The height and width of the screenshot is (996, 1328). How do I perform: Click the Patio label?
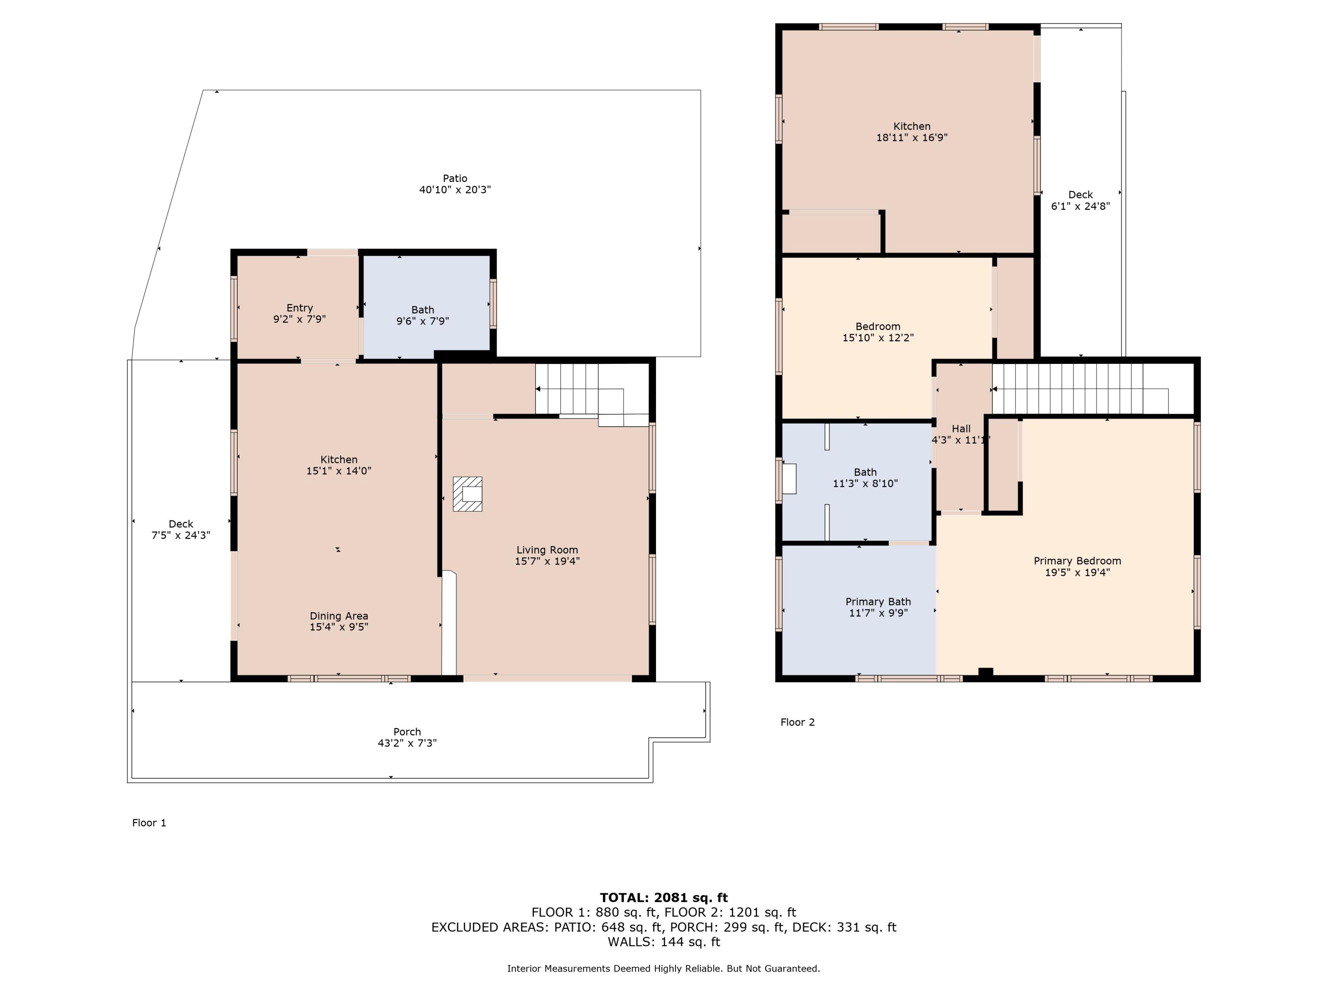[x=455, y=178]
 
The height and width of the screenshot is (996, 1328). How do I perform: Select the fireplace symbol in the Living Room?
[x=467, y=494]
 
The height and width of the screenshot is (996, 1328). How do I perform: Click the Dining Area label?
[x=339, y=616]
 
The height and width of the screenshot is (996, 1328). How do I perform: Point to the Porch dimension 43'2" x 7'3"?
[x=407, y=743]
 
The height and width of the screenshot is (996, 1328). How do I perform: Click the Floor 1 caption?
[x=149, y=823]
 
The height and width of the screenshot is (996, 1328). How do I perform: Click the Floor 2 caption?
[x=797, y=722]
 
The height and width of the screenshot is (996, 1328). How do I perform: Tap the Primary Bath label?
[x=878, y=602]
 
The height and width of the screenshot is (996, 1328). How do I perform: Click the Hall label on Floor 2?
[x=961, y=429]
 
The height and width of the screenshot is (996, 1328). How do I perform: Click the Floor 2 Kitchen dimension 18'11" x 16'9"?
[x=911, y=138]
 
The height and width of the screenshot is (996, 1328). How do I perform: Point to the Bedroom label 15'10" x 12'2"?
[x=878, y=327]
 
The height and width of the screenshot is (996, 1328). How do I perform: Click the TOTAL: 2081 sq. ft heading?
[x=664, y=898]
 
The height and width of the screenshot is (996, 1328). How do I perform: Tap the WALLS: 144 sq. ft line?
[x=664, y=942]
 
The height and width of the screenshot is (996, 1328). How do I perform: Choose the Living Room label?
[x=547, y=550]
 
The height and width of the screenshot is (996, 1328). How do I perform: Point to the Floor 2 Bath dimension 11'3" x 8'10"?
[x=865, y=484]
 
